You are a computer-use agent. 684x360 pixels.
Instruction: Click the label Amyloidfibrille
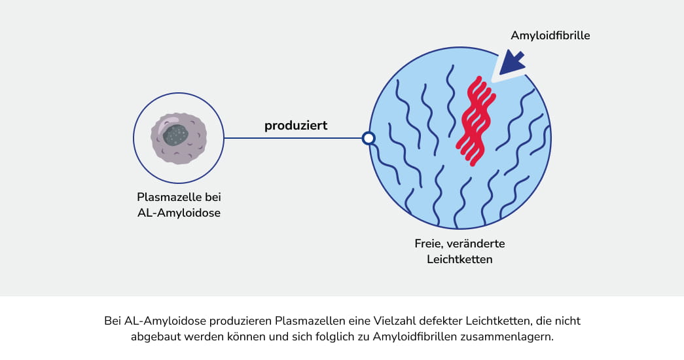(x=550, y=35)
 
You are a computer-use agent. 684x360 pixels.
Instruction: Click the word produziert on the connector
(x=296, y=125)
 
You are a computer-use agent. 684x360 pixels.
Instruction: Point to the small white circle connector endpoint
(x=369, y=138)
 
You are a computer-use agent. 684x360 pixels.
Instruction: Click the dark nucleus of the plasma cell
(x=175, y=135)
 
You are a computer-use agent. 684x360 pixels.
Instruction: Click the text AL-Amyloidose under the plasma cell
(x=179, y=213)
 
